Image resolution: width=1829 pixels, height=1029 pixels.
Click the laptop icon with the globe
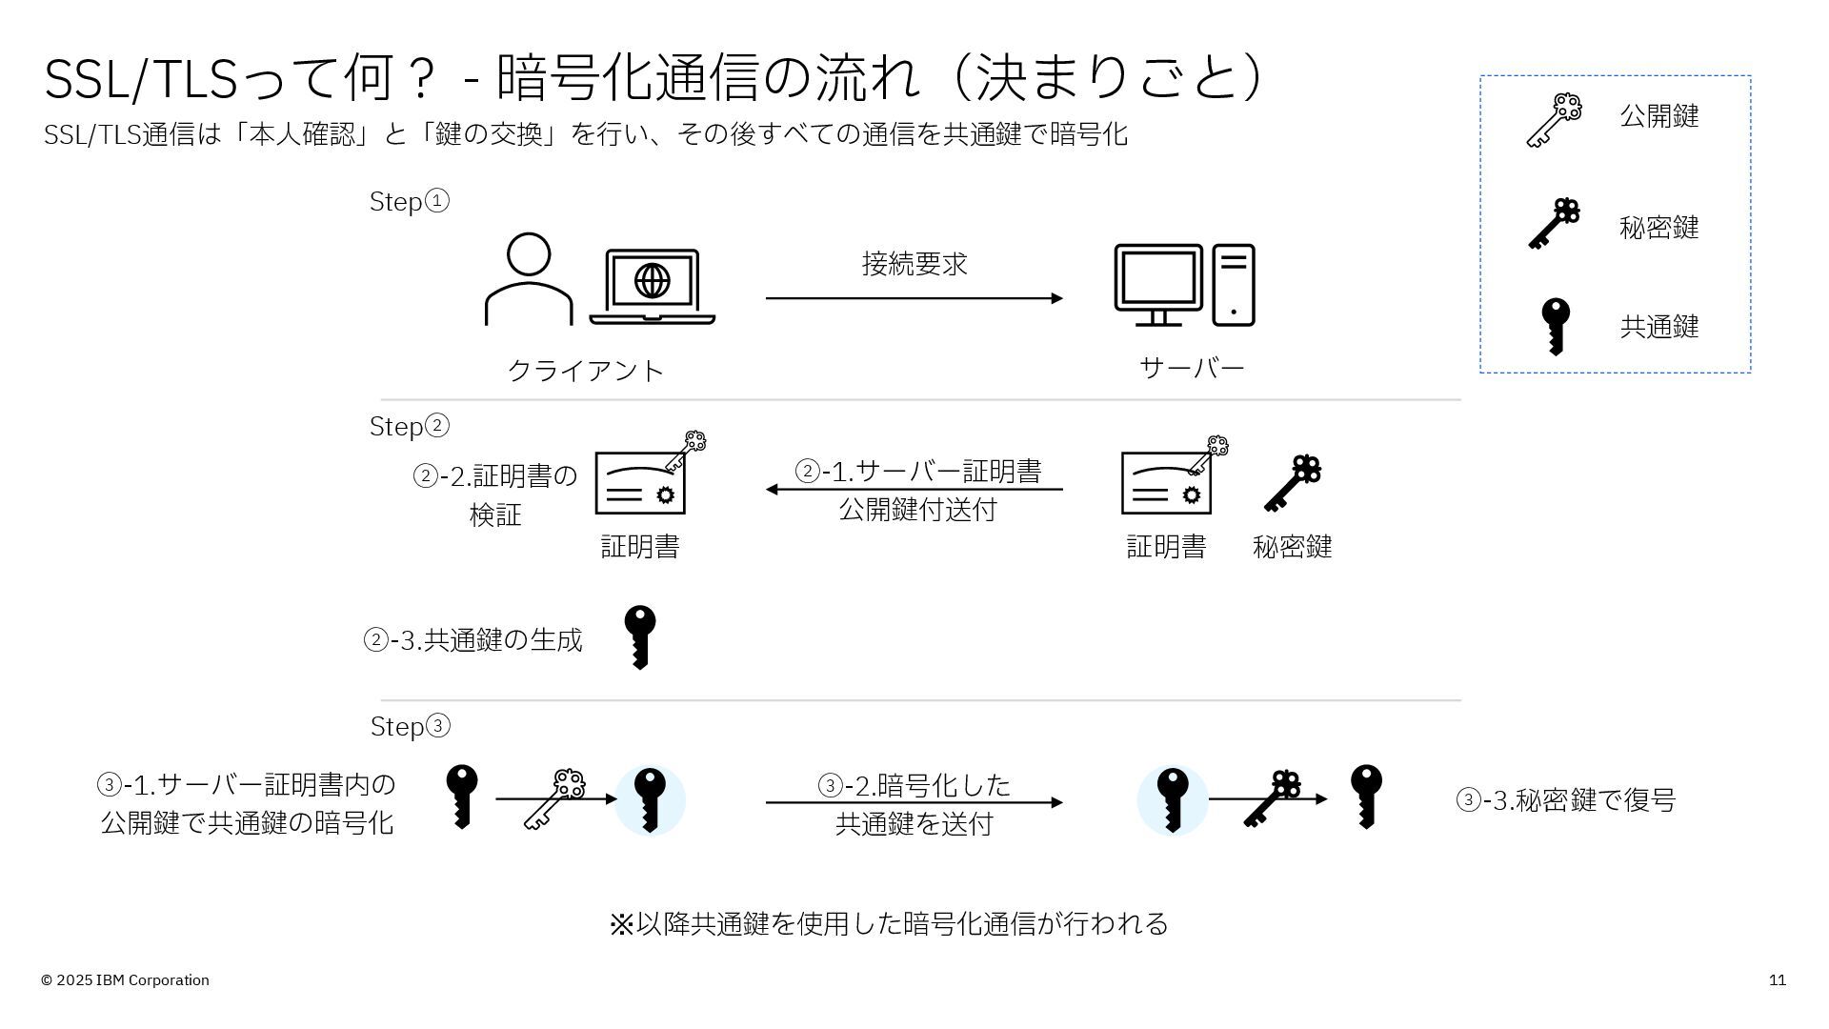(x=653, y=286)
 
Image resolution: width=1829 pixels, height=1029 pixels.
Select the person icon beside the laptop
(x=529, y=279)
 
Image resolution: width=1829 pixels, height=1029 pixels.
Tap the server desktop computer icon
(x=1184, y=285)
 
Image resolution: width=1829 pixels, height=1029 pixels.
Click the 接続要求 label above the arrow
(x=914, y=264)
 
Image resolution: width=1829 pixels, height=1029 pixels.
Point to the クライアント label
(x=585, y=370)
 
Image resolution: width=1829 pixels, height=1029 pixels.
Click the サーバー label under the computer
(x=1192, y=368)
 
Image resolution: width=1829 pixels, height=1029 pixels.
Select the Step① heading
(x=409, y=202)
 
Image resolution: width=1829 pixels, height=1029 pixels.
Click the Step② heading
(x=409, y=426)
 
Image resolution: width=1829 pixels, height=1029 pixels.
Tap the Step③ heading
(x=410, y=726)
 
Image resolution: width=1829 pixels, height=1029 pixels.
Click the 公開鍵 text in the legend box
(x=1658, y=116)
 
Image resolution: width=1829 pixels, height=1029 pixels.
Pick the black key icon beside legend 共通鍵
(x=1556, y=326)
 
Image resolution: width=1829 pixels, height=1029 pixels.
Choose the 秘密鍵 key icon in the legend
(x=1554, y=224)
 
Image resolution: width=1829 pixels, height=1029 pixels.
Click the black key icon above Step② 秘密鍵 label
(x=1293, y=483)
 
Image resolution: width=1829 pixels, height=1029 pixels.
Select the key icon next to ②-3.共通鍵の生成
(x=639, y=636)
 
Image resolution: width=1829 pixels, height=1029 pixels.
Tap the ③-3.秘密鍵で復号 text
(x=1565, y=800)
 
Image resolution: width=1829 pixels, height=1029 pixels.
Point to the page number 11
(x=1777, y=980)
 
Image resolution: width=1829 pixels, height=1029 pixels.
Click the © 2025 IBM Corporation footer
(x=125, y=980)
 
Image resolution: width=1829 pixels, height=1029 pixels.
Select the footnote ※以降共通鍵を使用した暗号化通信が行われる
(x=888, y=923)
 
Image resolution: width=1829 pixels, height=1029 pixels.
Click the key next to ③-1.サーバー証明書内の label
(x=461, y=797)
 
